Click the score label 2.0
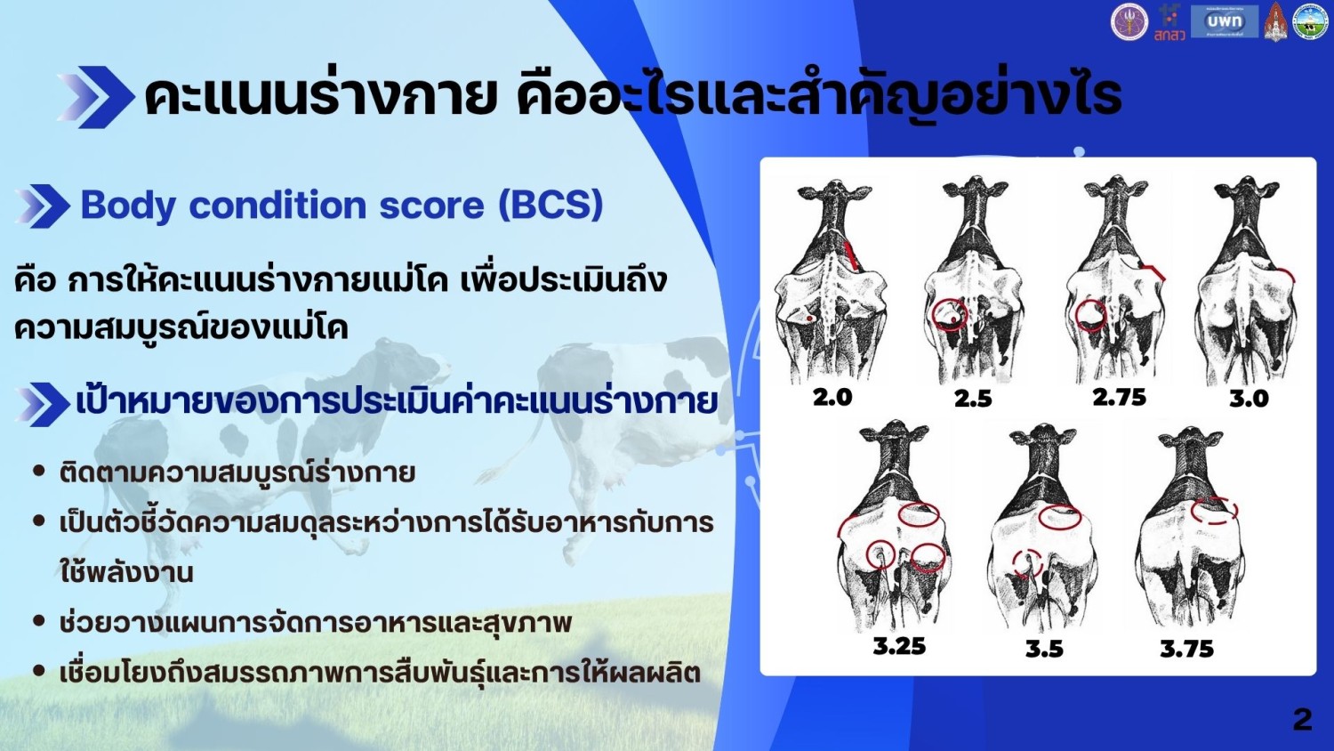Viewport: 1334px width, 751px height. (x=832, y=397)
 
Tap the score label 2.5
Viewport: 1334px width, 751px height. (x=973, y=399)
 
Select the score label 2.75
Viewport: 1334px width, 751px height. (x=1119, y=397)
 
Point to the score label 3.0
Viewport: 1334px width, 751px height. (x=1249, y=399)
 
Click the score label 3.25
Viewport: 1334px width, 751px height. (x=899, y=646)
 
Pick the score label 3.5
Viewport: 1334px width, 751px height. (x=1044, y=649)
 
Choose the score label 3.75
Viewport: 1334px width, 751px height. (x=1186, y=649)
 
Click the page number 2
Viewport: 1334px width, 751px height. (x=1302, y=719)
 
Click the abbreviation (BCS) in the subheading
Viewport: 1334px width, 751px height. (x=550, y=205)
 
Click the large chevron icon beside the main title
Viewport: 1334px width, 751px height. (x=96, y=97)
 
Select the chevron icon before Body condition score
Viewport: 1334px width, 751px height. (x=43, y=206)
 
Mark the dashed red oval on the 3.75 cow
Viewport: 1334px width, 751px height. (x=1215, y=510)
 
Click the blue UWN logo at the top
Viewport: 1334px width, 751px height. (x=1224, y=21)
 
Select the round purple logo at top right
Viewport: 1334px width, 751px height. (x=1129, y=21)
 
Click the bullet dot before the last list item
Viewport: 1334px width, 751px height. (x=39, y=672)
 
